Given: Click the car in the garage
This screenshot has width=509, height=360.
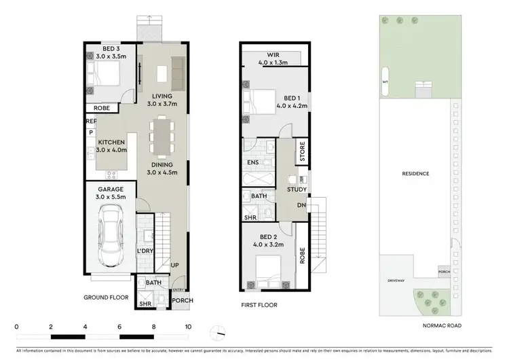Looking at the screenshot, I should [109, 235].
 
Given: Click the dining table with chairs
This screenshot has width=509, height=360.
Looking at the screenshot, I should [162, 136].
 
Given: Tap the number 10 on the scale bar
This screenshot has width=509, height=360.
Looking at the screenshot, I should [188, 327].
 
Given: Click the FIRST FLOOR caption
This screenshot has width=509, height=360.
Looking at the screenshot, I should [259, 305].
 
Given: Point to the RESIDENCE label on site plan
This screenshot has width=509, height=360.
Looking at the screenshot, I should [416, 174].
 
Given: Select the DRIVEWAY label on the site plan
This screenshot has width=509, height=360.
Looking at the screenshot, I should [396, 280].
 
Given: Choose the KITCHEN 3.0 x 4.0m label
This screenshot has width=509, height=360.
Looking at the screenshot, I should [111, 146].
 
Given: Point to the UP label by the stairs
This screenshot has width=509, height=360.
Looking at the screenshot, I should [175, 265].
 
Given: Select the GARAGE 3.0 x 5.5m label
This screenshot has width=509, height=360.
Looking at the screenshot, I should [111, 192].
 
